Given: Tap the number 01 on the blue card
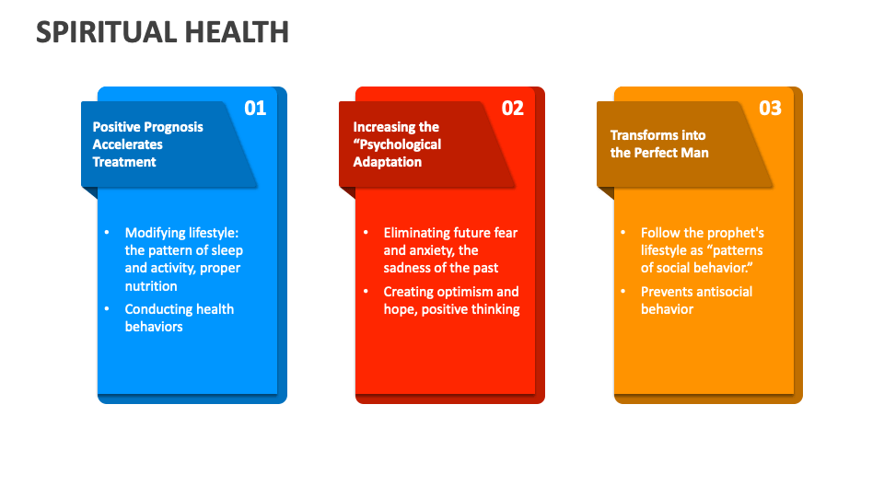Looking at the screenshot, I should point(255,108).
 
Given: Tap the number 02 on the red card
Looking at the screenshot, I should point(513,108).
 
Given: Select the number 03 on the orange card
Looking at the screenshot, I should point(771,108).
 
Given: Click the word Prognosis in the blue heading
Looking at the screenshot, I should point(173,127).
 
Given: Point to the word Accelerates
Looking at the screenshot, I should point(128,144).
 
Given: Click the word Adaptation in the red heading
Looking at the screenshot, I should point(388,162).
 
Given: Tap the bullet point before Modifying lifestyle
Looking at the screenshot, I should point(106,233).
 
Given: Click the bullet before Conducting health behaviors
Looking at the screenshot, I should point(106,309).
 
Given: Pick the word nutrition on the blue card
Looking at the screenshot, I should point(151,285).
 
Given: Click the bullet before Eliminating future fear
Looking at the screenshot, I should point(365,233).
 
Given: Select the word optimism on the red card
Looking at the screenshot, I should point(461,292).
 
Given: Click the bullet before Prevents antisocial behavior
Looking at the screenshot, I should point(622,292).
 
